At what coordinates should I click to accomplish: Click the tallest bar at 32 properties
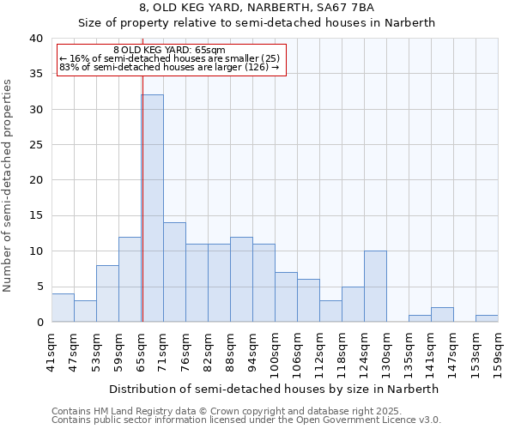point(152,208)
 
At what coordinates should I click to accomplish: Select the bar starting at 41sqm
point(63,308)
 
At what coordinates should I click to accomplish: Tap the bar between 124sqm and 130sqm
point(375,287)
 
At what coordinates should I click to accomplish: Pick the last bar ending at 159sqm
point(487,318)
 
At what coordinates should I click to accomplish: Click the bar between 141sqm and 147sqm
point(442,315)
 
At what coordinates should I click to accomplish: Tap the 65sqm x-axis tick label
point(142,350)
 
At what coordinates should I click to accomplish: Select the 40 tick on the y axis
point(35,39)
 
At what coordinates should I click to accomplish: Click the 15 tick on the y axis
point(35,215)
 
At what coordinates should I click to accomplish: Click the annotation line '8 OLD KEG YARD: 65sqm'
point(169,51)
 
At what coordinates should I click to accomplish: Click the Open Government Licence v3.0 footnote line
point(246,420)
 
